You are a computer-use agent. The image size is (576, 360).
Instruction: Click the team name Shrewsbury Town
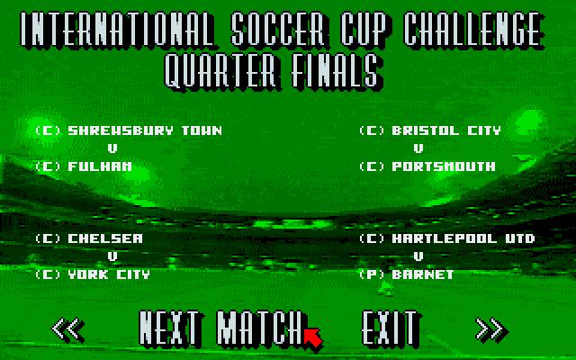(x=145, y=130)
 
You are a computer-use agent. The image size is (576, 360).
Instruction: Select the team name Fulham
(x=100, y=166)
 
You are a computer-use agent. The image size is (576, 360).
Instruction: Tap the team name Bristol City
(x=446, y=130)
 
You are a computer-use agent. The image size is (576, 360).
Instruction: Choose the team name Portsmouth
(x=444, y=166)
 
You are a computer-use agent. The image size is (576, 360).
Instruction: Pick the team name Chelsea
(x=105, y=238)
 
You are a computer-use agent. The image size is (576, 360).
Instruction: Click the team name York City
(x=109, y=274)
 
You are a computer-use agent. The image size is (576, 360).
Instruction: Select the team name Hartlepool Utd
(x=463, y=238)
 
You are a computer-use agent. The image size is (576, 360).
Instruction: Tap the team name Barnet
(x=423, y=274)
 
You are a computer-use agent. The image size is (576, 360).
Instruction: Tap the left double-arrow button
(x=68, y=329)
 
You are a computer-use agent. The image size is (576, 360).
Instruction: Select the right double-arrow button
(x=492, y=329)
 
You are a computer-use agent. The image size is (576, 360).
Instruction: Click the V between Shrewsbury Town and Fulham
(x=112, y=148)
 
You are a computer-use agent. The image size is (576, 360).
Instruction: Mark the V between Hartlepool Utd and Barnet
(x=418, y=256)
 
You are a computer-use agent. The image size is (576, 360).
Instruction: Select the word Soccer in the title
(x=279, y=30)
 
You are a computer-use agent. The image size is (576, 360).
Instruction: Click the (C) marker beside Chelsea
(x=48, y=238)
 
